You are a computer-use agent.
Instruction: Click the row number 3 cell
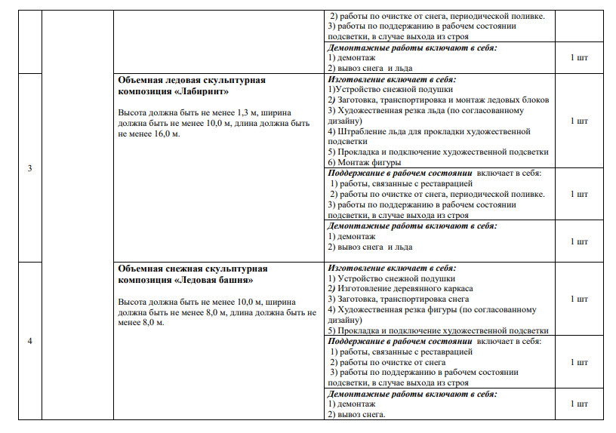(29, 167)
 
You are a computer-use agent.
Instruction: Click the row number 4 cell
(29, 341)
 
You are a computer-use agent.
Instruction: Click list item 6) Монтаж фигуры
(365, 162)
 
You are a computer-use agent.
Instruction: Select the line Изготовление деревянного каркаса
(400, 289)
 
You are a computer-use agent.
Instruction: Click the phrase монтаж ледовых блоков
(512, 100)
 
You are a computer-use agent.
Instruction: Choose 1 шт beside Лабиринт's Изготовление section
(578, 121)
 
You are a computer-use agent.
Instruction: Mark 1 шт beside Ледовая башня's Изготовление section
(578, 299)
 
